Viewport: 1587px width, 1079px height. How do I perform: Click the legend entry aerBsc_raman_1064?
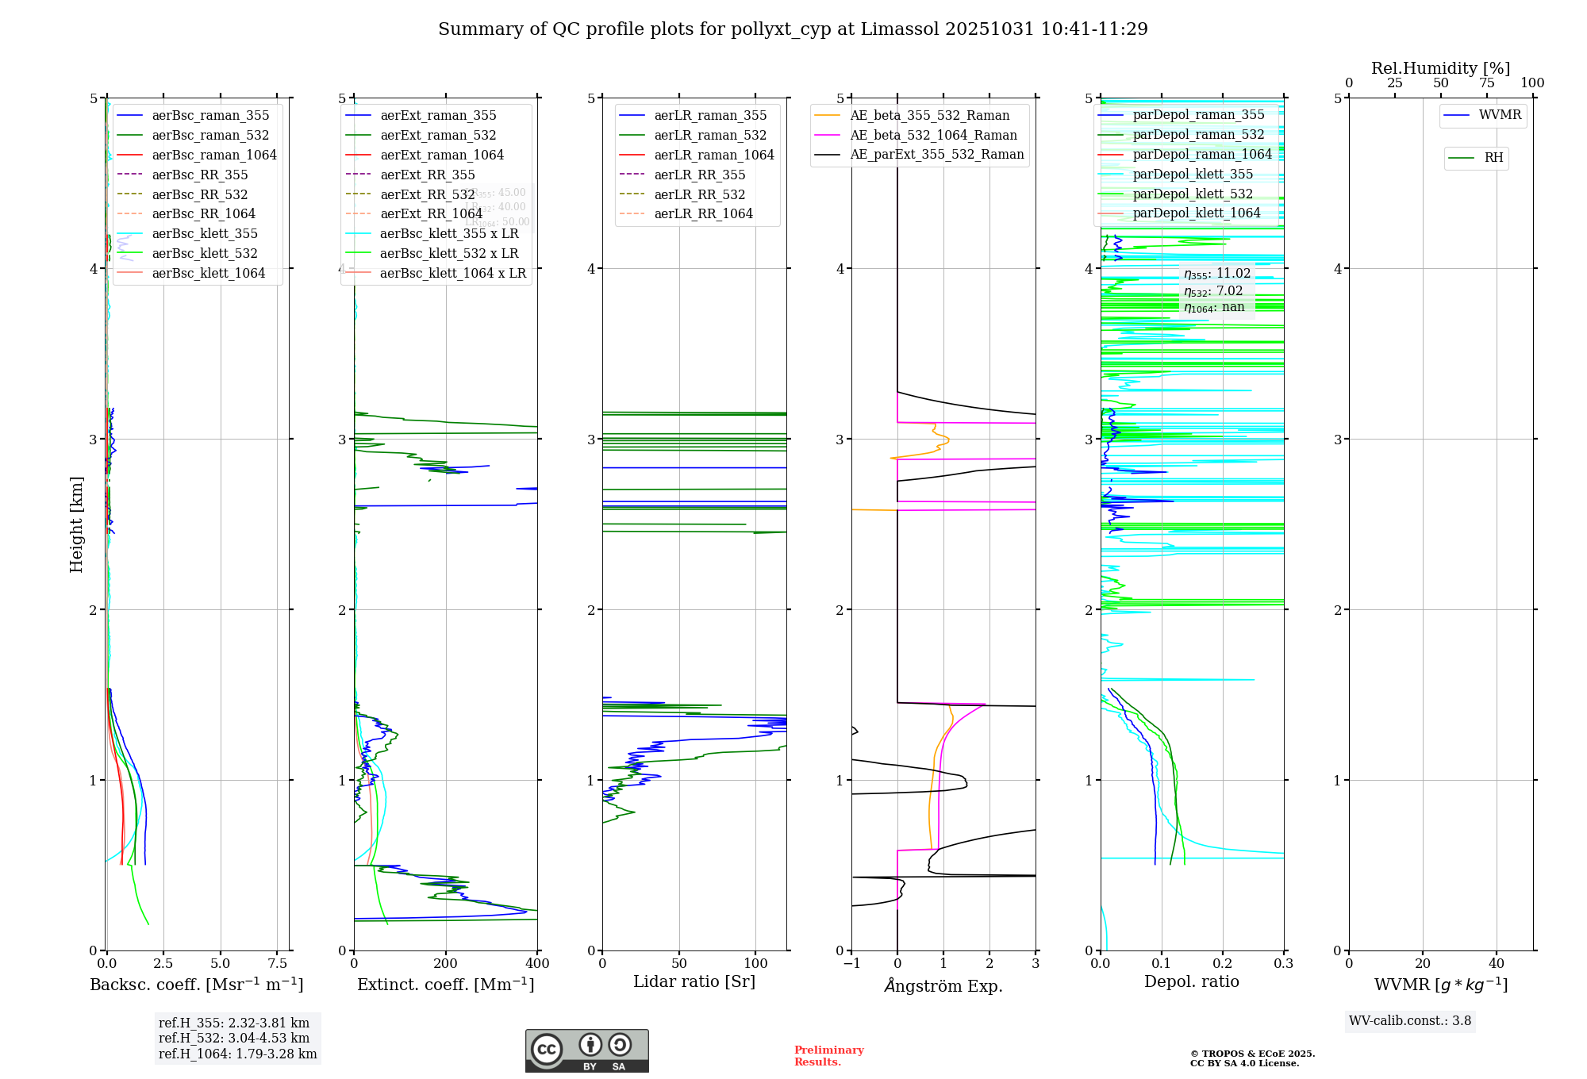[214, 155]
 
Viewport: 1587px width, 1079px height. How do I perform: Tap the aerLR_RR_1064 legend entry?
[703, 213]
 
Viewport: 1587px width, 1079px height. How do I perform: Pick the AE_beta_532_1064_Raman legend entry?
[933, 135]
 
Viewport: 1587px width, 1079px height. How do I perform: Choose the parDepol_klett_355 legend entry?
[1193, 174]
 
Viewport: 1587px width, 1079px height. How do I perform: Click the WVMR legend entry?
[1500, 115]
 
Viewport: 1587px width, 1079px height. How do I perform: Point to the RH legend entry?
[1493, 158]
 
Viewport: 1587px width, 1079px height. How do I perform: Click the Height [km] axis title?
[76, 524]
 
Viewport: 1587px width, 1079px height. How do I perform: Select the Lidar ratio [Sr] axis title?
[694, 981]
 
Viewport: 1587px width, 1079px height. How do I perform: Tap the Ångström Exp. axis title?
[943, 985]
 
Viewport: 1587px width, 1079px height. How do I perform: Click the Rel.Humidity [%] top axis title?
[1440, 68]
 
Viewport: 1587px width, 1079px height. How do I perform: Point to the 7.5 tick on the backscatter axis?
[278, 964]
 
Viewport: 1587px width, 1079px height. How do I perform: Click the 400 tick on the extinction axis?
[538, 964]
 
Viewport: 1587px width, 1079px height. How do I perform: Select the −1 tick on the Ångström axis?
[851, 964]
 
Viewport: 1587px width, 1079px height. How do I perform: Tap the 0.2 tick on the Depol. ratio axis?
[1223, 964]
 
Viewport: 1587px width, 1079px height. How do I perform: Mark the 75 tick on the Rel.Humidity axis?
[1487, 83]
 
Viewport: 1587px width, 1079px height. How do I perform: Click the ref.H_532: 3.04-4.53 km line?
[234, 1038]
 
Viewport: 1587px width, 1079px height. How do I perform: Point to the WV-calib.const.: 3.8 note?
[1410, 1021]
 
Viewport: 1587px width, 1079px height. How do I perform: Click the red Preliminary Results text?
[828, 1056]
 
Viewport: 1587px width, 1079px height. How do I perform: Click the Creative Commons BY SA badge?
[586, 1050]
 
